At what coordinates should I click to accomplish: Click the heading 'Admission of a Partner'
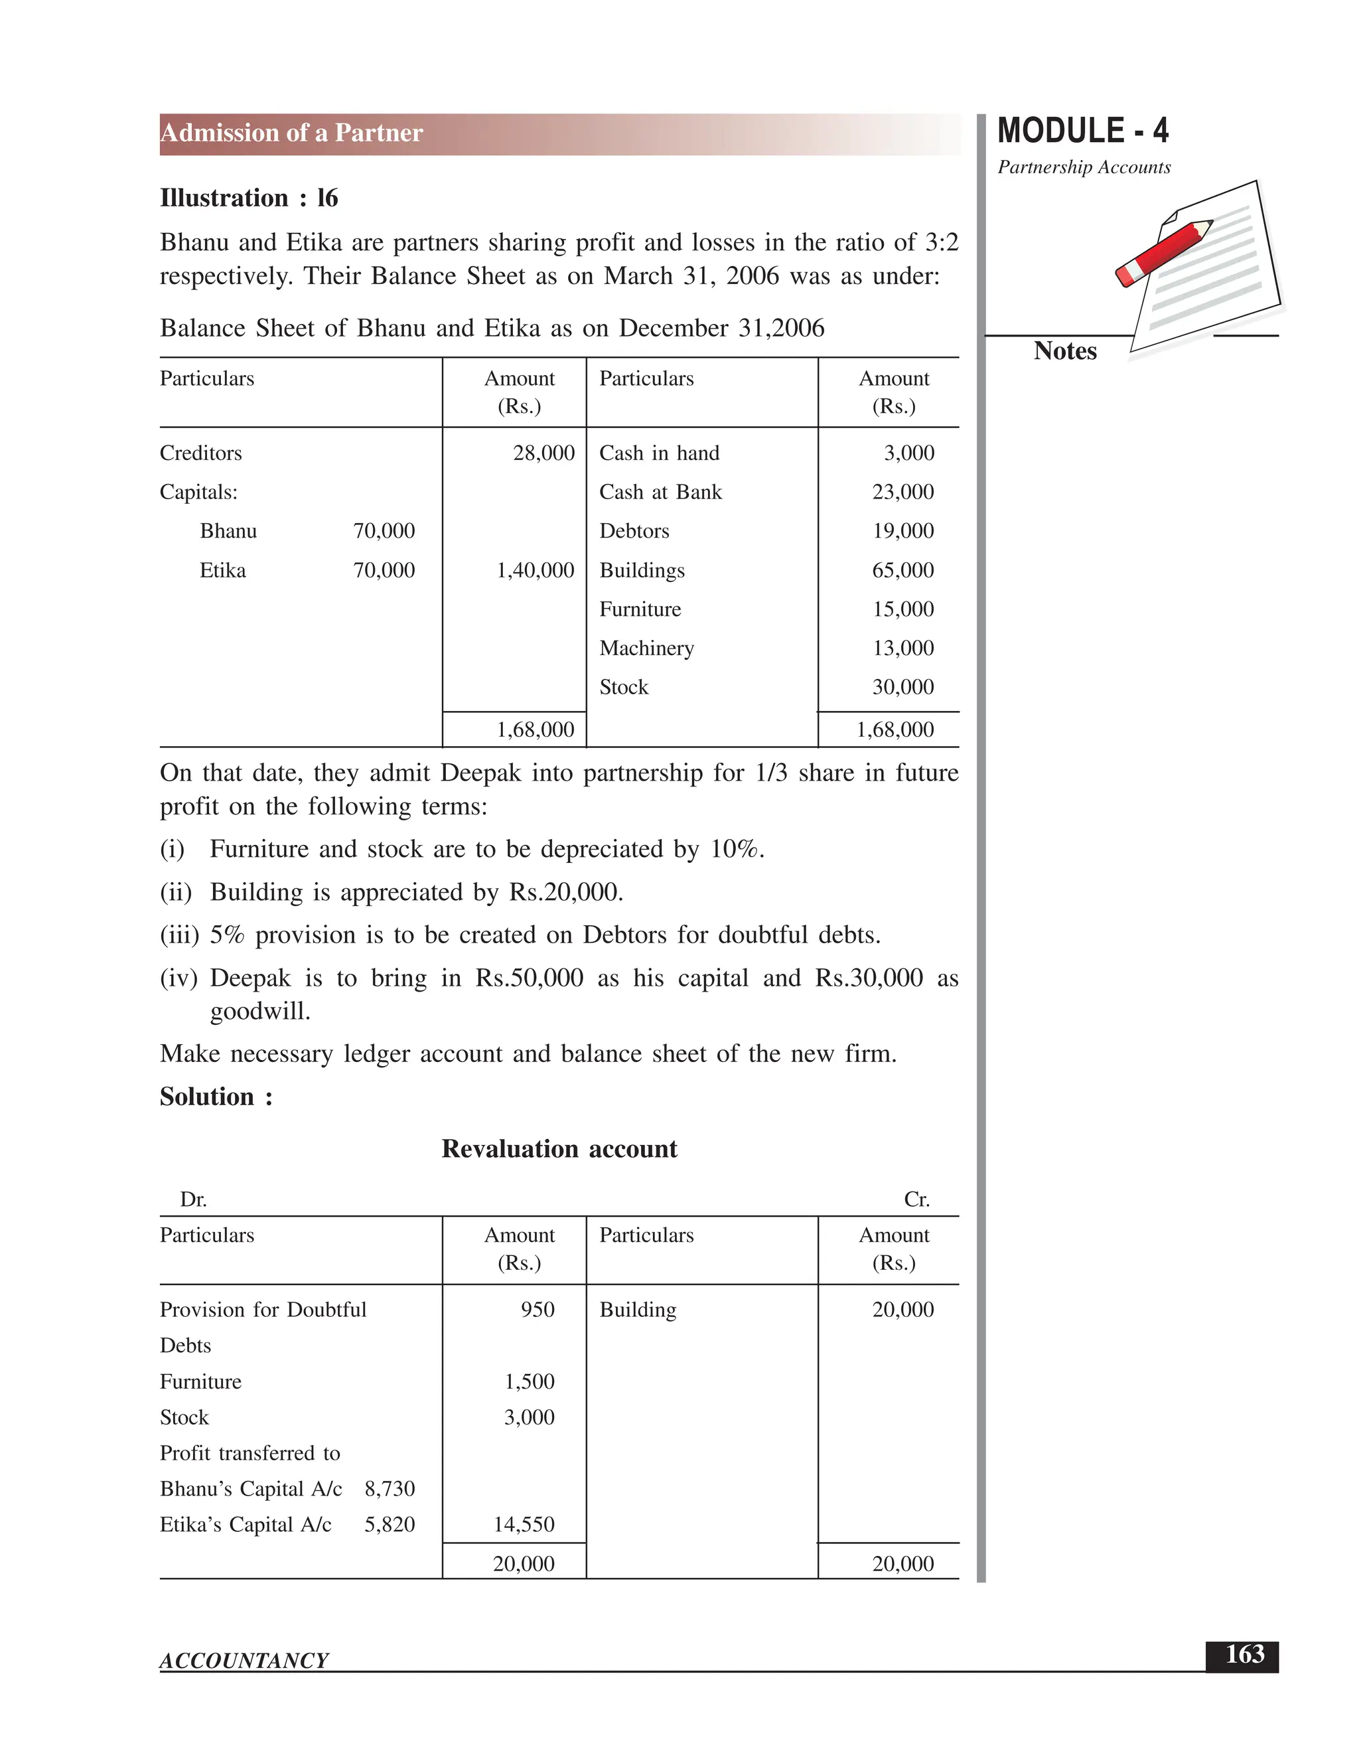click(x=291, y=133)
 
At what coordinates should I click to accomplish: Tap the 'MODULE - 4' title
click(x=1082, y=131)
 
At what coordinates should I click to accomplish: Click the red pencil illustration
click(x=1164, y=252)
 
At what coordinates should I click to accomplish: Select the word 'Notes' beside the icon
click(x=1064, y=351)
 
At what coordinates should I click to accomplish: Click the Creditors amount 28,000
click(x=543, y=453)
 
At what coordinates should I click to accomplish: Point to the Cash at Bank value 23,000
click(x=902, y=492)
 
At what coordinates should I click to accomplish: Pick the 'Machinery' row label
click(x=646, y=649)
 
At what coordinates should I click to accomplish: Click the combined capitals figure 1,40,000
click(x=535, y=571)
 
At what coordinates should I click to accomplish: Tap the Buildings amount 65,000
click(x=902, y=570)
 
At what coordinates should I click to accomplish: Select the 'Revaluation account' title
click(x=559, y=1148)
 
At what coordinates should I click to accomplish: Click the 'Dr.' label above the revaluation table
click(x=193, y=1200)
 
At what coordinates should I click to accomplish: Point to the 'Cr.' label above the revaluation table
click(x=916, y=1200)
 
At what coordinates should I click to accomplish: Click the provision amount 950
click(x=537, y=1310)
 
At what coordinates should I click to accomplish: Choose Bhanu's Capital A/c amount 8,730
click(x=390, y=1488)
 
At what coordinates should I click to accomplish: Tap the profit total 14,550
click(x=524, y=1525)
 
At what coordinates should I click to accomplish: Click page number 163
click(x=1244, y=1654)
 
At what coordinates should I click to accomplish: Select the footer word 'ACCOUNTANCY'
click(x=244, y=1661)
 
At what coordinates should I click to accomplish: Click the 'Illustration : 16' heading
click(x=249, y=198)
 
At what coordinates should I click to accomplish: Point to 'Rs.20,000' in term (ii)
click(x=565, y=892)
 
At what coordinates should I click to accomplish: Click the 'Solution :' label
click(x=216, y=1097)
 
